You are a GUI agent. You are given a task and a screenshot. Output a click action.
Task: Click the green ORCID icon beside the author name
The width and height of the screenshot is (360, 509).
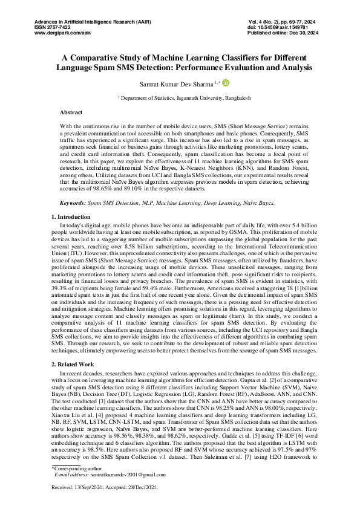226,83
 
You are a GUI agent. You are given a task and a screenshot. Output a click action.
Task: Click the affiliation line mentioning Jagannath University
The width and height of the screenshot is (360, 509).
180,97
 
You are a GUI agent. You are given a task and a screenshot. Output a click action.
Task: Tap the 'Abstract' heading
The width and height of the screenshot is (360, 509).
71,113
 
